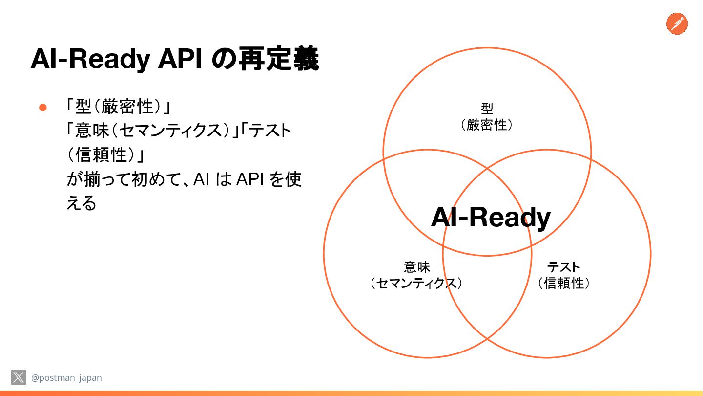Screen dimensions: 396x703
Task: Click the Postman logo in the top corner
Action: click(x=677, y=23)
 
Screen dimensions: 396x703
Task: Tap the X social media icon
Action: click(x=19, y=377)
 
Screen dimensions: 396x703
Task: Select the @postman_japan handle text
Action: click(x=66, y=378)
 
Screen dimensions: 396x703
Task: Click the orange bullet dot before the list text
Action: click(x=42, y=107)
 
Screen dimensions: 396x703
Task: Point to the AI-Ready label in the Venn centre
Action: click(x=490, y=218)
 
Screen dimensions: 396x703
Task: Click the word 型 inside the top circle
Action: click(x=487, y=108)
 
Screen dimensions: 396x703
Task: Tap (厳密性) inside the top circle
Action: click(x=487, y=125)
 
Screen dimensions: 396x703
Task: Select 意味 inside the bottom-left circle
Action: click(x=416, y=267)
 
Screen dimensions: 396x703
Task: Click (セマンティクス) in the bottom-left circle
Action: click(x=416, y=284)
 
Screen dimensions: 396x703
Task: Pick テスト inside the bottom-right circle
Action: click(x=563, y=267)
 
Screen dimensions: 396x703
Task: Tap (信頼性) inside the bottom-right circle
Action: click(x=563, y=284)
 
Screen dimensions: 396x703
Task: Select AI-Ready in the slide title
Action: click(x=90, y=60)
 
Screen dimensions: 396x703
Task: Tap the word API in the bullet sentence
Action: click(x=250, y=179)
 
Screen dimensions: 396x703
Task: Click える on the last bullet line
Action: click(x=82, y=203)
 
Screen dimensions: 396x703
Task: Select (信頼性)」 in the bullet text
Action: click(x=106, y=155)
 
